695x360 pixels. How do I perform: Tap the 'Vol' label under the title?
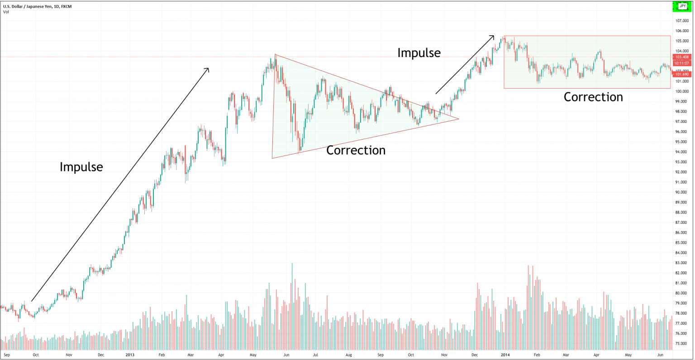tap(6, 12)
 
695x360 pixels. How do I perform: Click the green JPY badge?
tap(682, 6)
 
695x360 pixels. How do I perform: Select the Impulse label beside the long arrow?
tap(81, 167)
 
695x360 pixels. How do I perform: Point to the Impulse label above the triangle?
tap(419, 53)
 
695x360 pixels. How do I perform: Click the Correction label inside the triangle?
tap(356, 150)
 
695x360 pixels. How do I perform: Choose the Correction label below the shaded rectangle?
tap(593, 97)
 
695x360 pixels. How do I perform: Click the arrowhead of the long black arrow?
tap(208, 69)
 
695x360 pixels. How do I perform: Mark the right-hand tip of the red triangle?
tap(458, 119)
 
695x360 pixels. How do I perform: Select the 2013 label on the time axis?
tap(130, 355)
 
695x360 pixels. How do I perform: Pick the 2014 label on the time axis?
tap(505, 355)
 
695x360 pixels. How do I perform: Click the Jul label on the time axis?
tap(315, 355)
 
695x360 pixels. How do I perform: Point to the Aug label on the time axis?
tap(349, 355)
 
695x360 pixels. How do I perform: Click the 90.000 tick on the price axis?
tap(681, 192)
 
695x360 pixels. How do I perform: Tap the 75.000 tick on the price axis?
tap(681, 344)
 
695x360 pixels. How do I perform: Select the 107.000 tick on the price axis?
tap(681, 21)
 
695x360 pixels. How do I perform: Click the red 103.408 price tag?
tap(682, 57)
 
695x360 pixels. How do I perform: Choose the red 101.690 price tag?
tap(682, 74)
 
